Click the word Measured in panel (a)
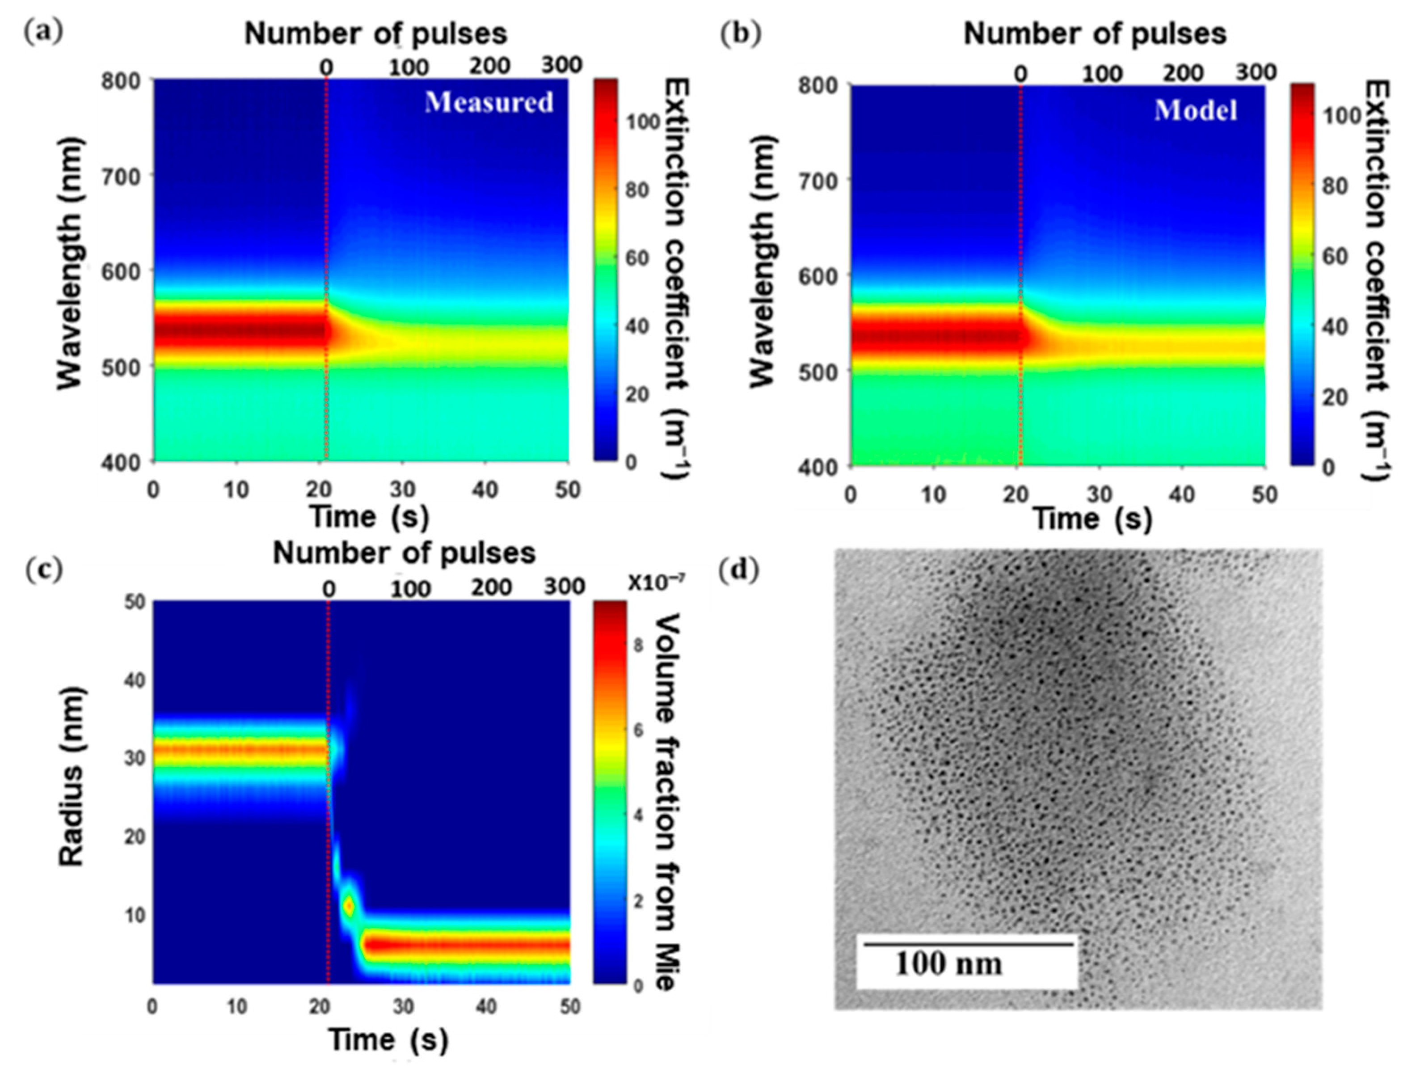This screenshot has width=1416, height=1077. (489, 102)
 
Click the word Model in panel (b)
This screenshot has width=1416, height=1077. (1196, 110)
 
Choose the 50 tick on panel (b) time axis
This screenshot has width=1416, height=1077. (1264, 495)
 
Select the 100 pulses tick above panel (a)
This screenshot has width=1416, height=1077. (409, 67)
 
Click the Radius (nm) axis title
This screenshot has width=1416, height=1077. (72, 776)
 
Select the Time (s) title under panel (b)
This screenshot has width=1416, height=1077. (1092, 519)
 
